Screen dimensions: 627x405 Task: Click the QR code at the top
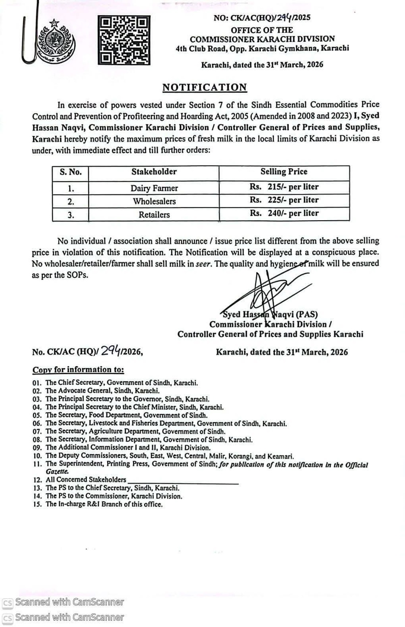(x=124, y=40)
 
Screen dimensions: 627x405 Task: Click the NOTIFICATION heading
(x=205, y=87)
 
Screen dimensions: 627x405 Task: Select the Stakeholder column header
(x=154, y=172)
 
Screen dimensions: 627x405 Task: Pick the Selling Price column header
(x=283, y=172)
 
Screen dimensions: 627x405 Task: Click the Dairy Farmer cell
(x=154, y=188)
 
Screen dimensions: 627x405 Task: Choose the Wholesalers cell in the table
(x=154, y=201)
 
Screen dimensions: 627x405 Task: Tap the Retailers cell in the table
(x=154, y=215)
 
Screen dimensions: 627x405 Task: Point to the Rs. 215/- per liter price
(x=284, y=187)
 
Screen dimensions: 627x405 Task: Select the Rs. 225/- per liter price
(x=284, y=200)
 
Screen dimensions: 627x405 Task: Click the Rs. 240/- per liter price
(x=284, y=213)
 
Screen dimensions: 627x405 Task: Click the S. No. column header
(x=70, y=172)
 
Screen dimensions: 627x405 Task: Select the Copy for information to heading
(x=78, y=369)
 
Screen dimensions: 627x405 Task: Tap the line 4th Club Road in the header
(x=262, y=48)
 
